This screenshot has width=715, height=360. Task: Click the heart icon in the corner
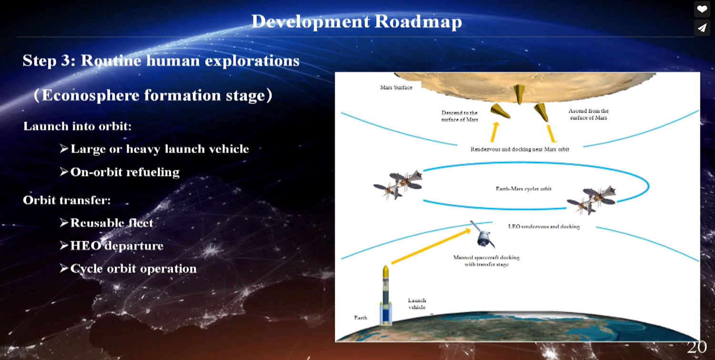[x=702, y=9]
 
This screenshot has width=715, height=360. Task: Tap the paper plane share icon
[x=702, y=28]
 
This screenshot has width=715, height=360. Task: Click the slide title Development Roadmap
[x=357, y=22]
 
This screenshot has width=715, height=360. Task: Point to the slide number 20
[x=697, y=347]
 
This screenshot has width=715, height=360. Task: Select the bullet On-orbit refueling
[x=120, y=172]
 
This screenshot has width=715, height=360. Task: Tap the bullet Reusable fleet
[x=107, y=223]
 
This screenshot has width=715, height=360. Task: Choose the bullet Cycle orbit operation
[x=128, y=268]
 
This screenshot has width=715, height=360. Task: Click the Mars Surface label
[x=396, y=87]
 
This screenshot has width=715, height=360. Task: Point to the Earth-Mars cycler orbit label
[x=523, y=189]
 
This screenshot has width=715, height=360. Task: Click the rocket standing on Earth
[x=386, y=295]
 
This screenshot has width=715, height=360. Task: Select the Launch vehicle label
[x=417, y=304]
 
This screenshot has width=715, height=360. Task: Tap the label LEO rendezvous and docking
[x=544, y=226]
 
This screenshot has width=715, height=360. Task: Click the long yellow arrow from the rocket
[x=431, y=246]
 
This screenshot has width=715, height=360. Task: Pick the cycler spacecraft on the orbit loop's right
[x=591, y=200]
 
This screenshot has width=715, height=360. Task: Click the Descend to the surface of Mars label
[x=460, y=116]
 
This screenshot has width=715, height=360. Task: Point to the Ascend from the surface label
[x=589, y=114]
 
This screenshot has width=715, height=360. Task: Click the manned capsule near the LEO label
[x=483, y=235]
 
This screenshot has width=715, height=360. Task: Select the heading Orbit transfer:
[x=67, y=200]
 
